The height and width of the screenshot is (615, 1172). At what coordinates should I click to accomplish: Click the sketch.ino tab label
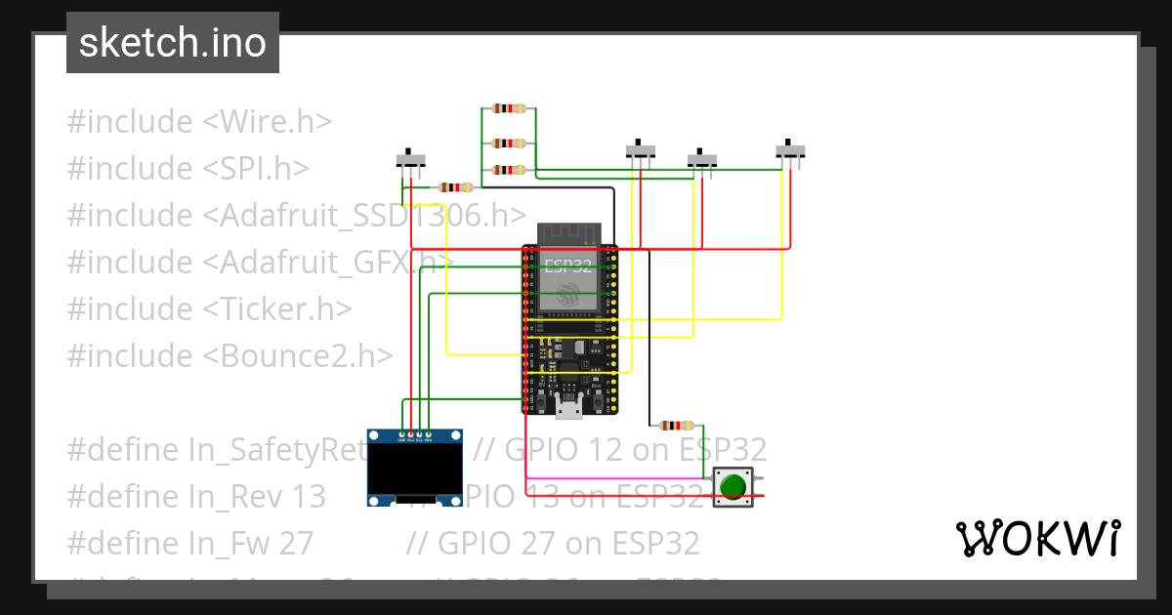172,43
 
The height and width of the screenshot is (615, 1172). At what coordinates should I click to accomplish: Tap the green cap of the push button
732,485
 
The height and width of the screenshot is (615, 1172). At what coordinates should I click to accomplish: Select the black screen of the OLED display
414,471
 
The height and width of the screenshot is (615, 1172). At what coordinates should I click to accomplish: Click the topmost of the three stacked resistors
508,108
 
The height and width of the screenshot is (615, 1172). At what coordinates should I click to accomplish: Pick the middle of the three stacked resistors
508,143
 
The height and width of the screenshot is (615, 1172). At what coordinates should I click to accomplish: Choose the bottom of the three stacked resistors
508,170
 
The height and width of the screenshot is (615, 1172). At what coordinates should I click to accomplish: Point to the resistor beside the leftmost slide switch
455,187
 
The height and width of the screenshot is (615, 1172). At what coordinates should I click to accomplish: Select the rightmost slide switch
790,151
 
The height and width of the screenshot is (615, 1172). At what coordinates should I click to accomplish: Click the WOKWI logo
1037,538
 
